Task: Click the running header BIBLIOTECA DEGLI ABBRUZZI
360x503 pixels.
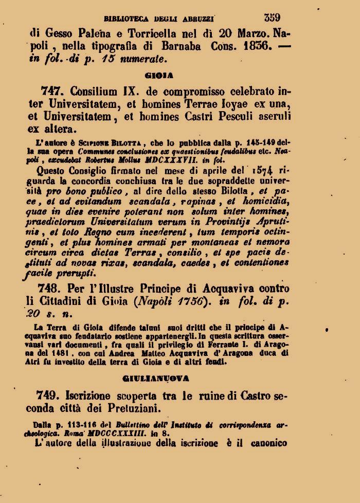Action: click(159, 19)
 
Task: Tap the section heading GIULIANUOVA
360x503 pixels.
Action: click(156, 378)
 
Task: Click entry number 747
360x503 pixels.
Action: click(52, 91)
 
